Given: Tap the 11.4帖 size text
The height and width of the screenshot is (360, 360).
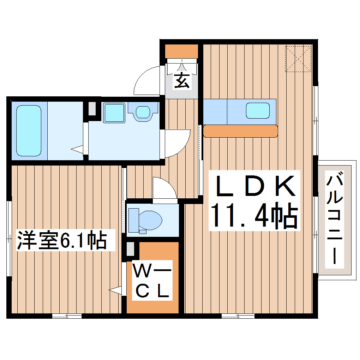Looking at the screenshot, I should (x=254, y=216).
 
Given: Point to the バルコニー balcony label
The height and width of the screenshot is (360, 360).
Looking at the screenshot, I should (x=334, y=219).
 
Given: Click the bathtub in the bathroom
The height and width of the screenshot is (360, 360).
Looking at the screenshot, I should (x=29, y=130).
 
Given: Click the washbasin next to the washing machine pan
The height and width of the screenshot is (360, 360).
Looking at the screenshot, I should (x=143, y=112).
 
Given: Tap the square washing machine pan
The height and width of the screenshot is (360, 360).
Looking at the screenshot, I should (x=114, y=113).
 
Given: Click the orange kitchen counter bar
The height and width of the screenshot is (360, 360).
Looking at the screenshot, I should (x=240, y=131).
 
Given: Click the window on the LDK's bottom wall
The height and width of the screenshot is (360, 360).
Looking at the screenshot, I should (x=238, y=316).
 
